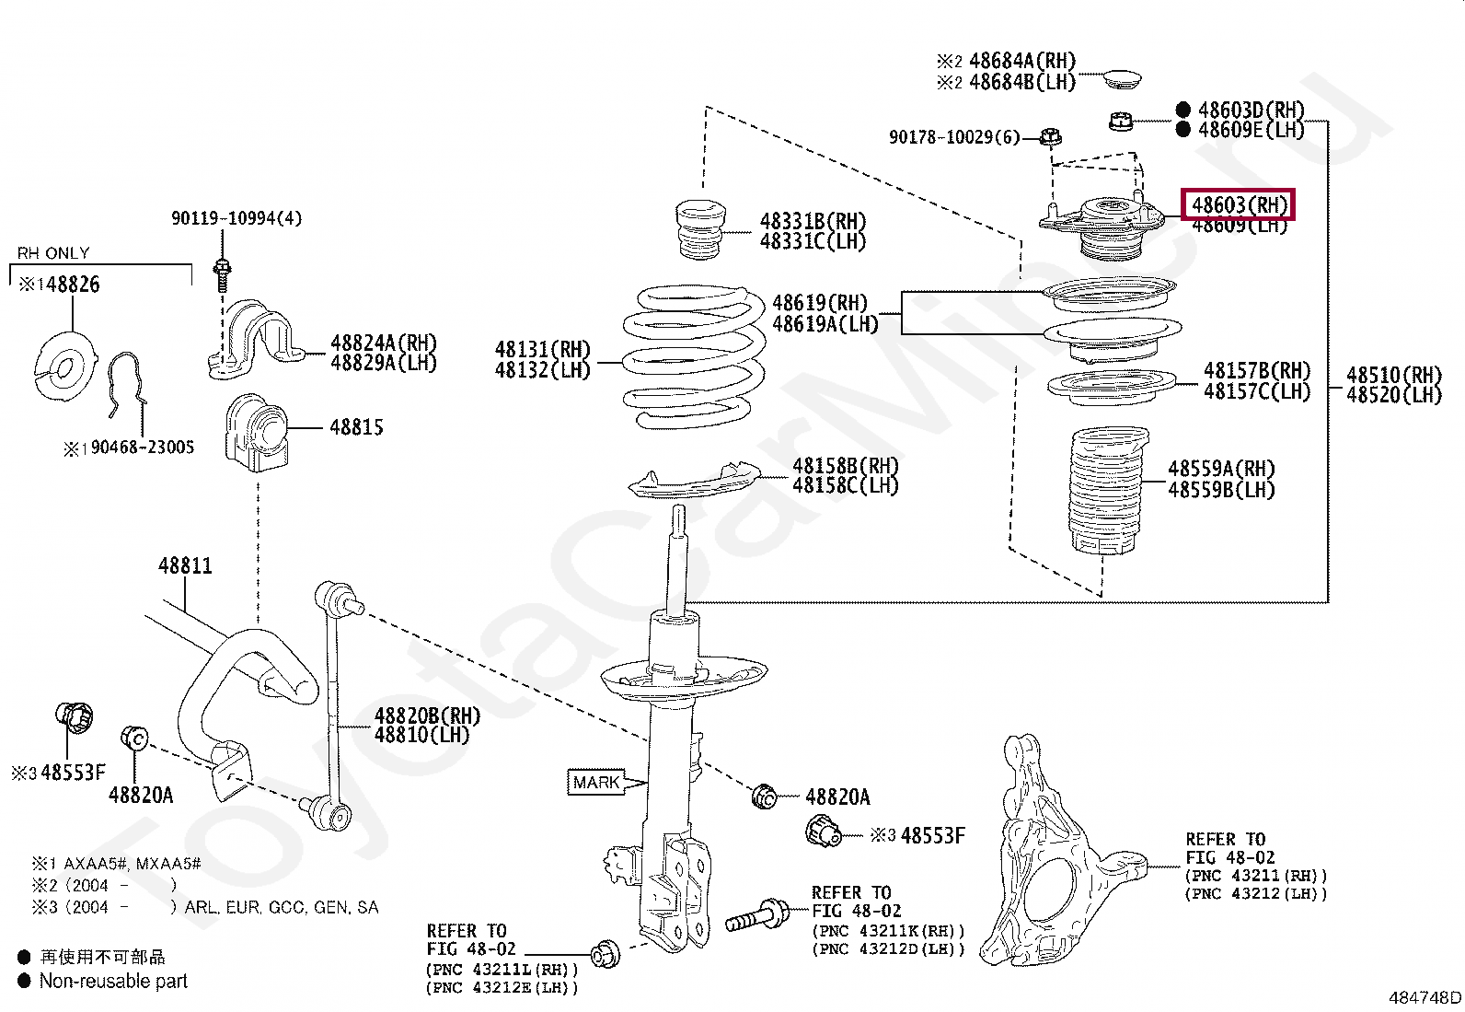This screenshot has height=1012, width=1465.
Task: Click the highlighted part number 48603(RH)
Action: click(x=1239, y=204)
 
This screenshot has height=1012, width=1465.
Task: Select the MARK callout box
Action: click(x=596, y=782)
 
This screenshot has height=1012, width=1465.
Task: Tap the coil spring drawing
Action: click(x=695, y=357)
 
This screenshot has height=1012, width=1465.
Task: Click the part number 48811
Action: click(x=185, y=565)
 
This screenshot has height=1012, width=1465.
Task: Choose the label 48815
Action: click(x=356, y=427)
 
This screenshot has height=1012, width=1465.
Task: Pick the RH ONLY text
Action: click(x=53, y=253)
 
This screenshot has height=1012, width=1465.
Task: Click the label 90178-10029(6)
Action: click(x=954, y=137)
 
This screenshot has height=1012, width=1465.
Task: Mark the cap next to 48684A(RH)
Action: click(x=1123, y=77)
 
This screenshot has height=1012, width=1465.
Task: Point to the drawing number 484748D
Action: click(x=1424, y=996)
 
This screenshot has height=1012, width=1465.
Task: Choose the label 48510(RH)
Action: click(x=1393, y=375)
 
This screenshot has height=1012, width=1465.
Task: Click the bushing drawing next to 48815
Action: click(x=256, y=433)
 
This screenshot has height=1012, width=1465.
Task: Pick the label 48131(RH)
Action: click(x=542, y=349)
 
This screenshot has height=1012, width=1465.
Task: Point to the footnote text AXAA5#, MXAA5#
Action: click(x=132, y=864)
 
